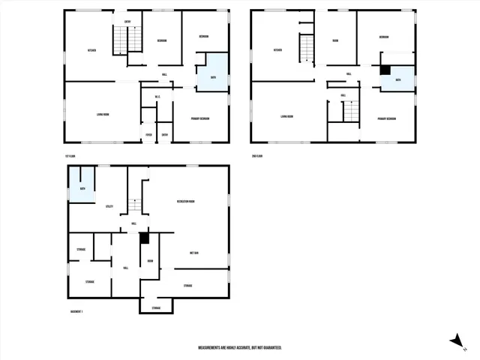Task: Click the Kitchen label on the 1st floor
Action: click(91, 51)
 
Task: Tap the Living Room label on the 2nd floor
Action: click(286, 116)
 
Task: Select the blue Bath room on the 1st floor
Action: click(213, 73)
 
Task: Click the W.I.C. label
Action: click(158, 97)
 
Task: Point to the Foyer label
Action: click(148, 135)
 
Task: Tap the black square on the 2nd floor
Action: click(385, 70)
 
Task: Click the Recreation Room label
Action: click(186, 202)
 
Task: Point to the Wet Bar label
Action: click(194, 253)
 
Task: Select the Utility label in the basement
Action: click(109, 206)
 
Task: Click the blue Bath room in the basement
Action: click(82, 186)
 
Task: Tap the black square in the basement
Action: click(145, 238)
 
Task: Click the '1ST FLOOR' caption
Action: click(71, 155)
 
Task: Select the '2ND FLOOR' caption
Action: click(258, 155)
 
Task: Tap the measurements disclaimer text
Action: click(239, 348)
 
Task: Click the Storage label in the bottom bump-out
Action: click(156, 308)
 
